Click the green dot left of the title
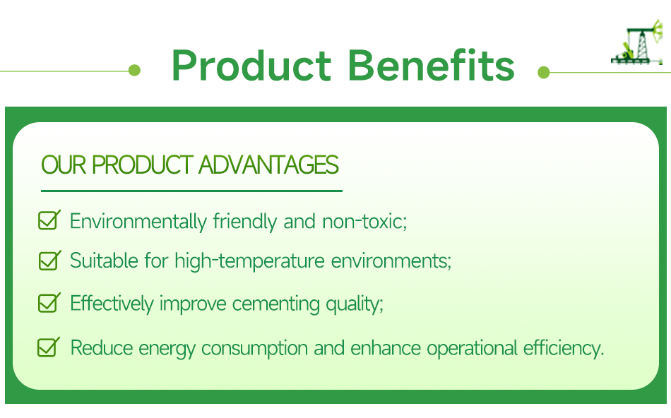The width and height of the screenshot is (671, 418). point(134,71)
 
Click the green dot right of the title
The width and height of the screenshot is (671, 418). point(543,72)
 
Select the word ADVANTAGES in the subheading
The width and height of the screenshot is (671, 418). point(268,165)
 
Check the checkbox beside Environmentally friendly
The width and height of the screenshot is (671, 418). point(48,220)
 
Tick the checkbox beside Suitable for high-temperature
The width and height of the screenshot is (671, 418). point(48,261)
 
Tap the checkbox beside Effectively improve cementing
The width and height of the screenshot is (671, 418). point(48,304)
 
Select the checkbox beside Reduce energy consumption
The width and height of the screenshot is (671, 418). point(48,347)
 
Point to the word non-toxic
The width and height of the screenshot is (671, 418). point(364,222)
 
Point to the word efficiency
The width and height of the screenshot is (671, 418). point(563,349)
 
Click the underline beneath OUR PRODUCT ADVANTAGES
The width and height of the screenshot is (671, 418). point(191,191)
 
